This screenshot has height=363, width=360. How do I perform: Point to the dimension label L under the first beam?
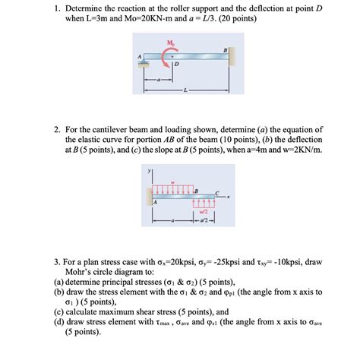coord(185,89)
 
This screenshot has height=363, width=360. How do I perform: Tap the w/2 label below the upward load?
coord(204,211)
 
